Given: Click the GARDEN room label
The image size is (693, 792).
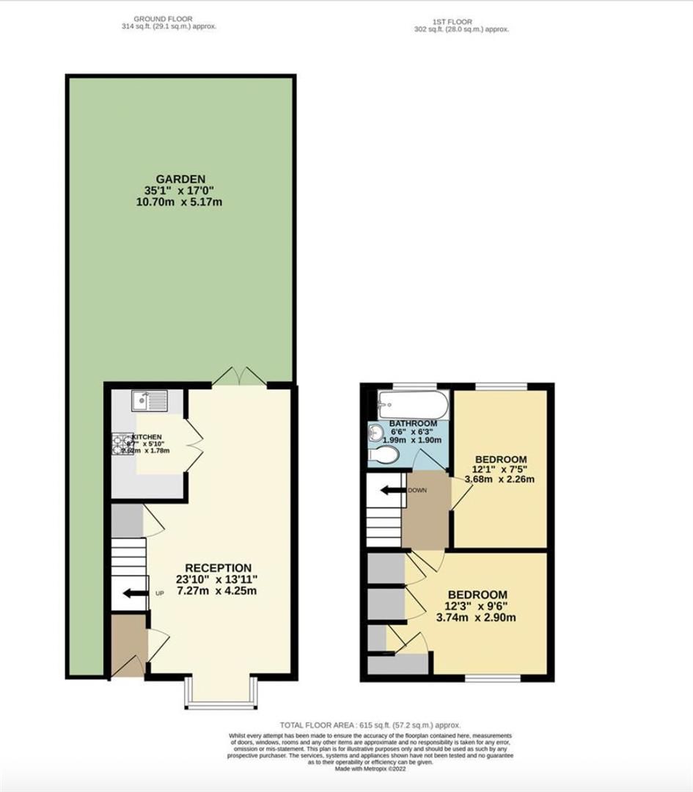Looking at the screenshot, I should [x=180, y=178].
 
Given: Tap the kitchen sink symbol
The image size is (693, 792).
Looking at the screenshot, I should [x=150, y=400].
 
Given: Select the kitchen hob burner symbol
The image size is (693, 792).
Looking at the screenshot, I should [x=120, y=444].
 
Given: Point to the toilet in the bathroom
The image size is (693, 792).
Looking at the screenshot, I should [x=384, y=456].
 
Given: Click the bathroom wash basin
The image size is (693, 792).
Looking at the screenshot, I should [x=375, y=433].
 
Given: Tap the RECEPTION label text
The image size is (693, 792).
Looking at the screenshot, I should [x=218, y=568].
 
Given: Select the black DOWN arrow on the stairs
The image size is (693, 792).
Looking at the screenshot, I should [x=392, y=490].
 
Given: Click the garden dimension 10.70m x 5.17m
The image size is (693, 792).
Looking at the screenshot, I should [x=180, y=202].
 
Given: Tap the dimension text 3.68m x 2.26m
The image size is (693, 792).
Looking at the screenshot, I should [x=499, y=480].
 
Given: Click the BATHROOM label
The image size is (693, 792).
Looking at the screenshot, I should [x=413, y=424].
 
